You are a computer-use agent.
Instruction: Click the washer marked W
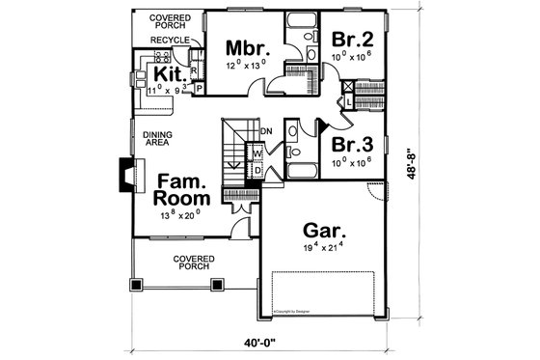click(258, 153)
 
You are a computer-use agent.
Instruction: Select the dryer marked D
click(257, 169)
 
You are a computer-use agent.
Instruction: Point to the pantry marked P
click(199, 88)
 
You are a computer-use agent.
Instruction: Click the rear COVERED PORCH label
click(170, 22)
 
